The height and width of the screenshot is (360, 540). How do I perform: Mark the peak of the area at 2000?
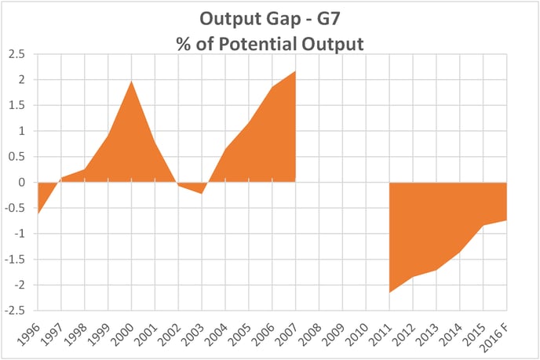pos(132,81)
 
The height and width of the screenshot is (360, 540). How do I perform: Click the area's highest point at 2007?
pos(295,71)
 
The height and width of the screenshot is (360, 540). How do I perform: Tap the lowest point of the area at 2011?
pos(389,293)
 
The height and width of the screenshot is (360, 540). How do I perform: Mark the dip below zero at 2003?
pos(202,193)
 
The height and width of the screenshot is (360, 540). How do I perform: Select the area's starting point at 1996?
pos(38,213)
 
